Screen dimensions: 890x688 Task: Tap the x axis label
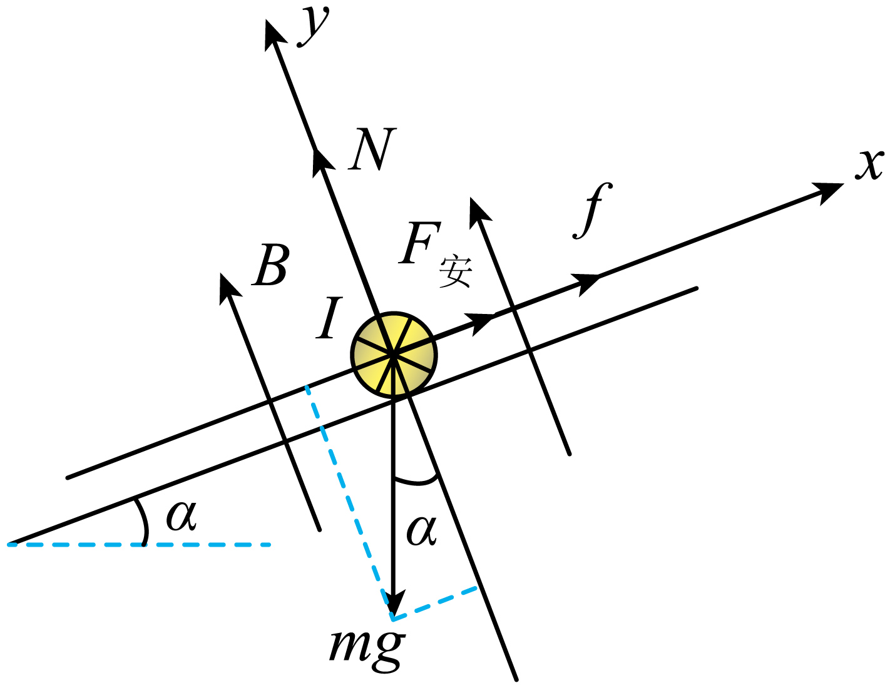click(x=869, y=164)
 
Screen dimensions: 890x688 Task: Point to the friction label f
click(x=592, y=210)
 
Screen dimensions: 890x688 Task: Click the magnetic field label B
click(x=271, y=265)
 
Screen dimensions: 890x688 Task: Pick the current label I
click(x=329, y=318)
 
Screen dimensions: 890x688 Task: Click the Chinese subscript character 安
click(x=456, y=271)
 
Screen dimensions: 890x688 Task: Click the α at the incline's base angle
click(x=181, y=515)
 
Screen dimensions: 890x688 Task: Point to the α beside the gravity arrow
click(x=421, y=531)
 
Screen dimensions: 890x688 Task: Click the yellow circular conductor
click(x=394, y=355)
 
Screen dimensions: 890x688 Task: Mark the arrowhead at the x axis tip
click(x=827, y=192)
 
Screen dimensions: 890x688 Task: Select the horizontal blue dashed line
click(x=139, y=545)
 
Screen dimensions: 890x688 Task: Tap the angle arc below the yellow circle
click(x=416, y=483)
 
